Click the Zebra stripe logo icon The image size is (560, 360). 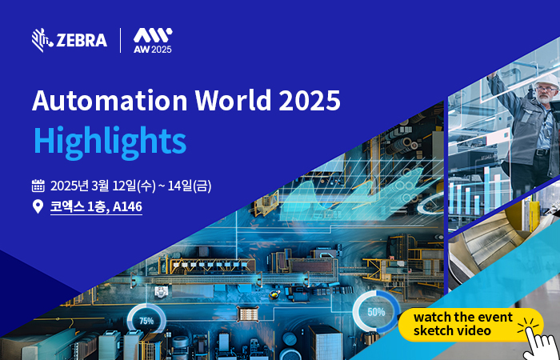tap(43, 40)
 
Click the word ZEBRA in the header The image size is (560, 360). tap(82, 40)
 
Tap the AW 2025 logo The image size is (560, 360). tap(153, 40)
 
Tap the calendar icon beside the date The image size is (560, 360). tap(38, 186)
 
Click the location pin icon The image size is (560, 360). tap(38, 206)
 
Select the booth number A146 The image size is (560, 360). tap(127, 206)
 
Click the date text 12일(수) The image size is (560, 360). tap(134, 186)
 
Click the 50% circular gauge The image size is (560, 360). tap(376, 312)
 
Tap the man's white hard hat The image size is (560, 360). tap(546, 81)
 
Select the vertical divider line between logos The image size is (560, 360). tap(120, 40)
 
